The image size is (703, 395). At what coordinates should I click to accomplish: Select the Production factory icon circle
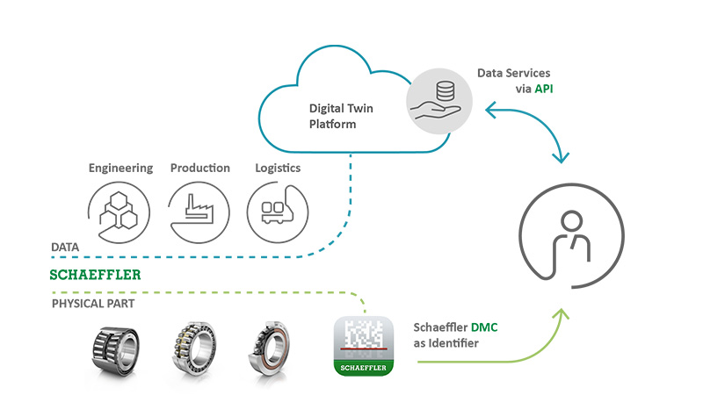click(199, 212)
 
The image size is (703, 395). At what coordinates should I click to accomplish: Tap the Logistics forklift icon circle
click(277, 212)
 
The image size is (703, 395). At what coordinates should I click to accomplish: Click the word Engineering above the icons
click(120, 168)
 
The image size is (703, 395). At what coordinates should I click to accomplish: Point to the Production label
click(200, 168)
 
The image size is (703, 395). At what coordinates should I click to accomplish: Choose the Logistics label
click(278, 168)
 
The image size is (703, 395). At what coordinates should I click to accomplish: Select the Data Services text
click(514, 73)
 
